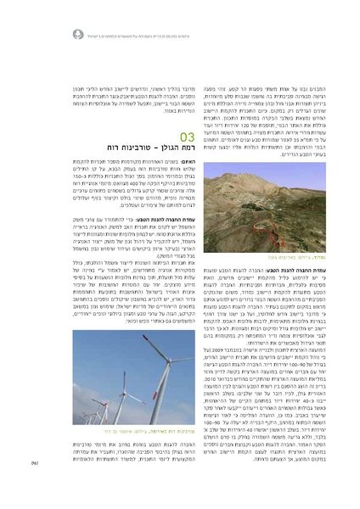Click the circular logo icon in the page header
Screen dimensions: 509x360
tap(77, 34)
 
